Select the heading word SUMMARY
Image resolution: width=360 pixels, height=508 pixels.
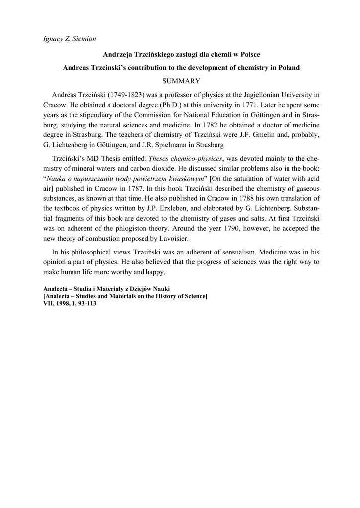tap(180, 81)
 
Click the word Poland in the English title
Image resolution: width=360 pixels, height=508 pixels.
tap(288, 67)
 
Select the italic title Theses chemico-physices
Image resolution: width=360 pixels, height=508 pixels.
tap(185, 158)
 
